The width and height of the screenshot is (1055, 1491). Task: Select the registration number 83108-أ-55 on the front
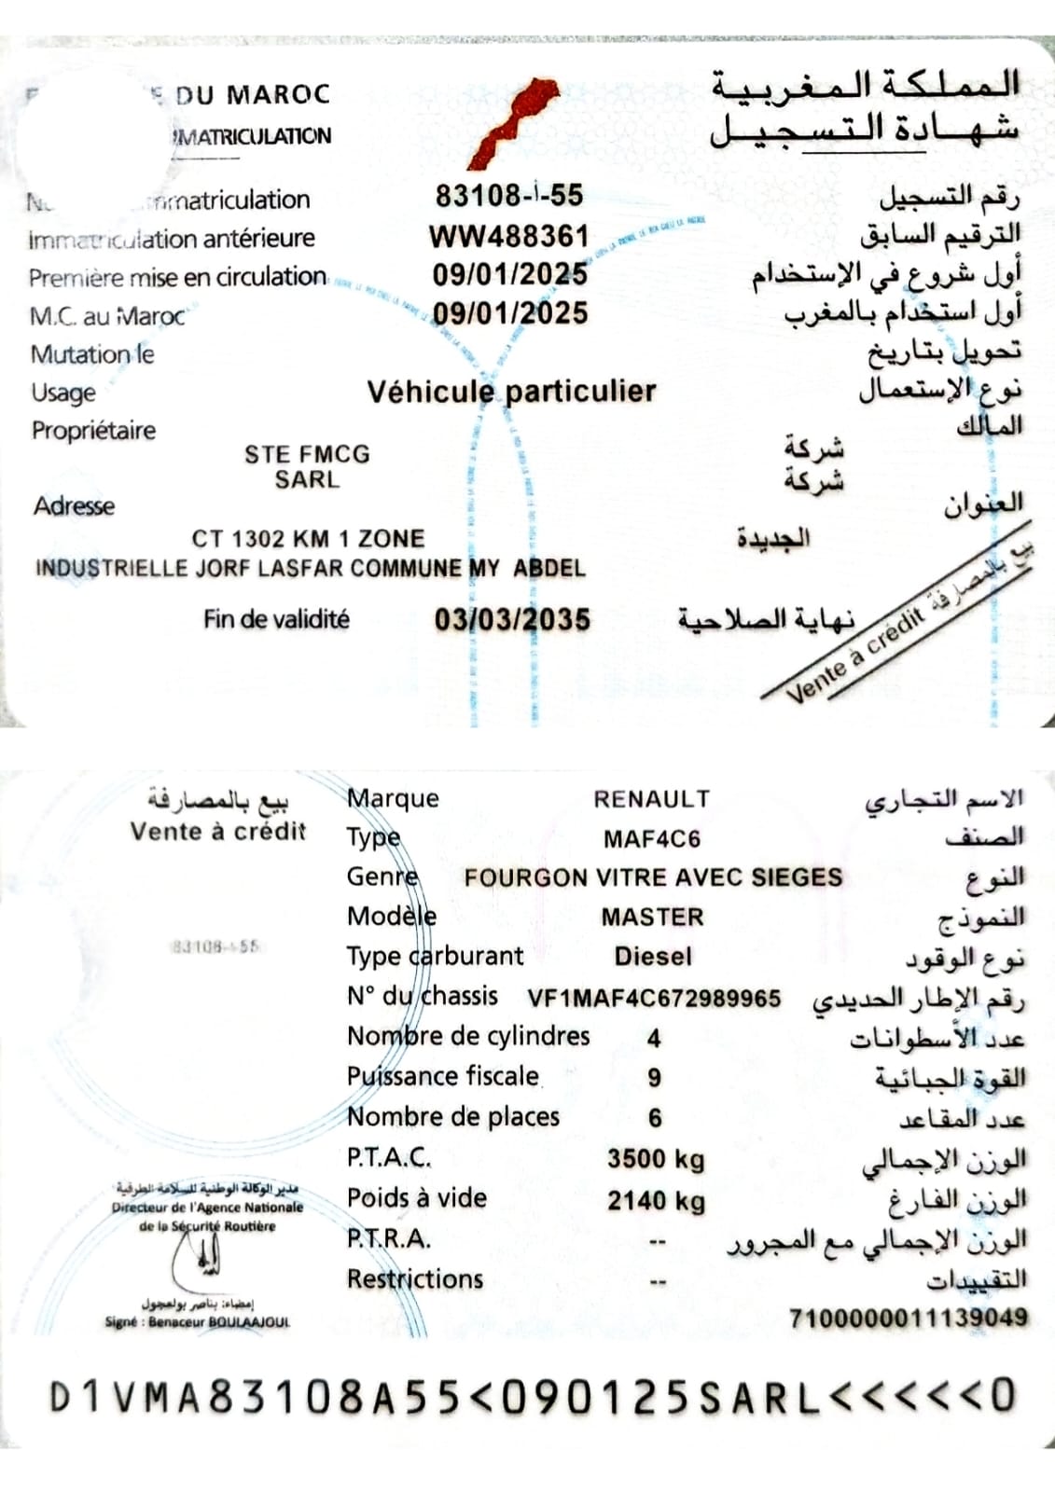click(508, 195)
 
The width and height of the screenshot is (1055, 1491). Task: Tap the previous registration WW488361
click(508, 236)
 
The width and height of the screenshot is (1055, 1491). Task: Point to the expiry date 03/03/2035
click(512, 620)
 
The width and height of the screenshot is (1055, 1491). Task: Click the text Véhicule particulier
click(511, 391)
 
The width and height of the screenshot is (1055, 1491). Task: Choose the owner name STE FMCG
click(307, 454)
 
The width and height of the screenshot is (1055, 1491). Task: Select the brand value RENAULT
click(652, 799)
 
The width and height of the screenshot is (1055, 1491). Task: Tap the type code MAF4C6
click(652, 839)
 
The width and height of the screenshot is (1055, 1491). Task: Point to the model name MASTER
click(652, 918)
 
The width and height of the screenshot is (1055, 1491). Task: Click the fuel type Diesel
click(653, 957)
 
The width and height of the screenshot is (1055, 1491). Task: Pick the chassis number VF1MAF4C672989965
click(654, 999)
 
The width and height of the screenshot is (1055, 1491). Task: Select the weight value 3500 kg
click(656, 1159)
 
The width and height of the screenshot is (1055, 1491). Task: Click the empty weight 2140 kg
click(656, 1200)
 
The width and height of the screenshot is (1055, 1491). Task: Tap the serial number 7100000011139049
click(908, 1318)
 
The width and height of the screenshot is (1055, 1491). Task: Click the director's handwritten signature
click(207, 1263)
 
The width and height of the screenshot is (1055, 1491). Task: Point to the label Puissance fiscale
click(443, 1076)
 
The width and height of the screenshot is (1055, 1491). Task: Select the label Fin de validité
click(276, 619)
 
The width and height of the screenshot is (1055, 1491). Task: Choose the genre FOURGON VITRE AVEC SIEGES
click(653, 877)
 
